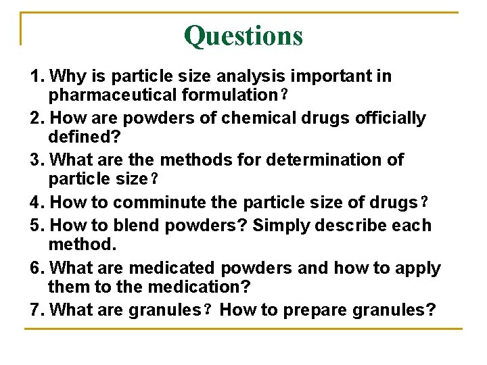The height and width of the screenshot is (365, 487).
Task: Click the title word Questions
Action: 243,35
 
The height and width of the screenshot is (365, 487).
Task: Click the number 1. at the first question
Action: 38,76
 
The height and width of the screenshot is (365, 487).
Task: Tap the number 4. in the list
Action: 38,202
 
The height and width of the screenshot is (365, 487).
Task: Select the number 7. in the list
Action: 38,310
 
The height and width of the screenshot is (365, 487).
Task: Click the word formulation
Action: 232,94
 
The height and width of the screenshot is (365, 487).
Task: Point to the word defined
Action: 80,137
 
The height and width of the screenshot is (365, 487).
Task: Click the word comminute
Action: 161,202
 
